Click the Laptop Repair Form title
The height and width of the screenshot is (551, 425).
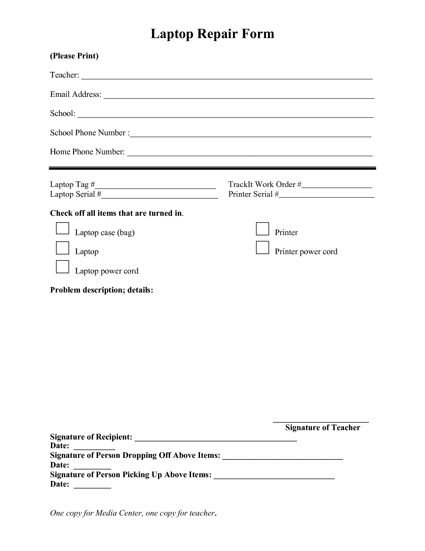point(212,34)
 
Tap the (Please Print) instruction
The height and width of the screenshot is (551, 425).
point(74,56)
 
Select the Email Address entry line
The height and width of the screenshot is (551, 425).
point(239,97)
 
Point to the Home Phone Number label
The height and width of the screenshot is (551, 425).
point(87,152)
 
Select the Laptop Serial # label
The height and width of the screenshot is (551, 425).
point(76,194)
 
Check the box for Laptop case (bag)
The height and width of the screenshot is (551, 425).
point(62,228)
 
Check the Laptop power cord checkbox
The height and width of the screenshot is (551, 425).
point(62,267)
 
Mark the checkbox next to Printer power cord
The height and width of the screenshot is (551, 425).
point(262,247)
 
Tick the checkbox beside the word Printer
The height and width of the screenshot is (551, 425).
point(262,229)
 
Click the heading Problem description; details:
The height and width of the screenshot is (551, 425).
point(102,290)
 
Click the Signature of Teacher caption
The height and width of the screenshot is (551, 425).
point(323,428)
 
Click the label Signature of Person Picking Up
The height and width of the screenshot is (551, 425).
point(131,475)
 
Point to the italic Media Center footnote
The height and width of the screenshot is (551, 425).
point(133,513)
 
